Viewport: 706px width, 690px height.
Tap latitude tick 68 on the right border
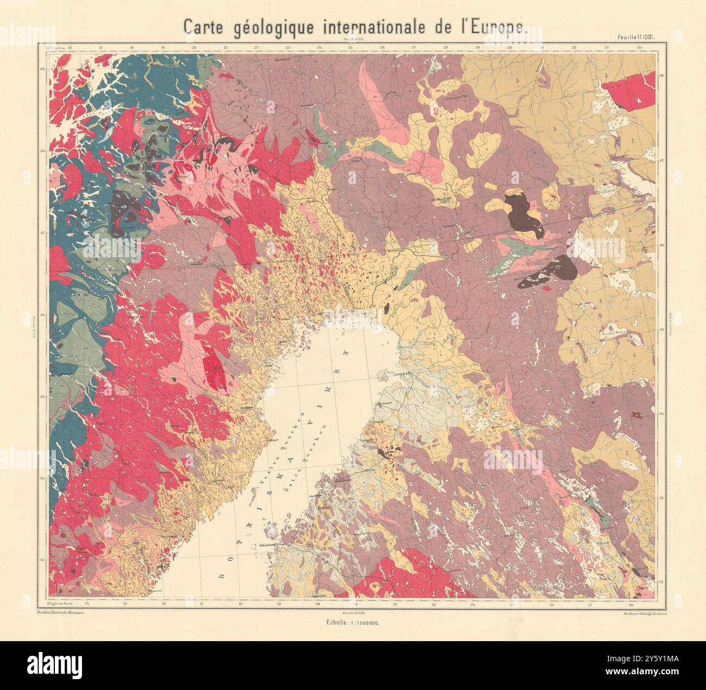coord(661,77)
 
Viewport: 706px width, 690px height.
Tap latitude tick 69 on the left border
coord(42,69)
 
